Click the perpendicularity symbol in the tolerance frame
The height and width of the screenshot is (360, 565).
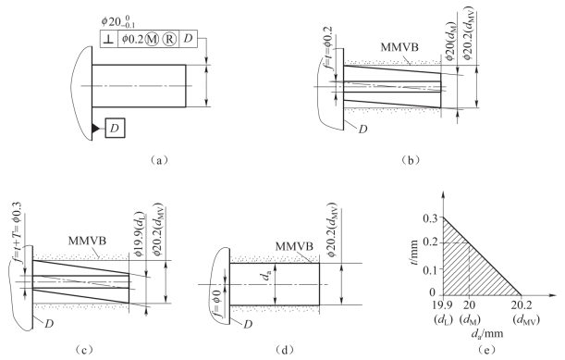[x=109, y=39]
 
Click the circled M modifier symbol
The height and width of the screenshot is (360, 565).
[x=152, y=39]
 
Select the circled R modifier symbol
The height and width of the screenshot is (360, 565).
[x=169, y=39]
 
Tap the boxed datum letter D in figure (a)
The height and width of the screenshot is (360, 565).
[x=115, y=128]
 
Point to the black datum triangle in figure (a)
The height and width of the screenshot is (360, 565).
[x=95, y=128]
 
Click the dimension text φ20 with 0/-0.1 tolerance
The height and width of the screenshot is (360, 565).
[x=118, y=21]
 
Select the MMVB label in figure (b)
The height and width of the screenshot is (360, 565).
[x=399, y=47]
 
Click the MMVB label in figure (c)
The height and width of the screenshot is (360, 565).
[x=87, y=241]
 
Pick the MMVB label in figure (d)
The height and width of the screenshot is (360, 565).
[x=294, y=247]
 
